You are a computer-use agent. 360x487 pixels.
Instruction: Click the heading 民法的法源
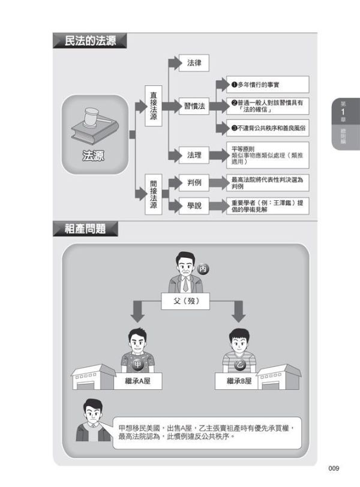89,41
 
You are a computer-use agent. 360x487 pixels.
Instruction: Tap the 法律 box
194,62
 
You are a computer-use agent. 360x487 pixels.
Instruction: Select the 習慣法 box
194,107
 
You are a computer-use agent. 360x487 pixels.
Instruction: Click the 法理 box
194,155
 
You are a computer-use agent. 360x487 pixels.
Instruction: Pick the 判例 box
194,183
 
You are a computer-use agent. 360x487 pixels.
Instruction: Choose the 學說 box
194,206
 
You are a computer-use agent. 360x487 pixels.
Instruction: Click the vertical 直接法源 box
154,106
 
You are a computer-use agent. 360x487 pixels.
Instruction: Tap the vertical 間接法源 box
154,194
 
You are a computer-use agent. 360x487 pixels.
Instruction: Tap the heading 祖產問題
85,229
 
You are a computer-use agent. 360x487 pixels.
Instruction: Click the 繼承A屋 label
139,380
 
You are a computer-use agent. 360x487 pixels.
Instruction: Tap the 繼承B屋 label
238,380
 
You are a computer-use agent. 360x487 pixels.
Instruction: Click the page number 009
335,468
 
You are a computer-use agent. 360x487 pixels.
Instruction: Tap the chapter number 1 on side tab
343,113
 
